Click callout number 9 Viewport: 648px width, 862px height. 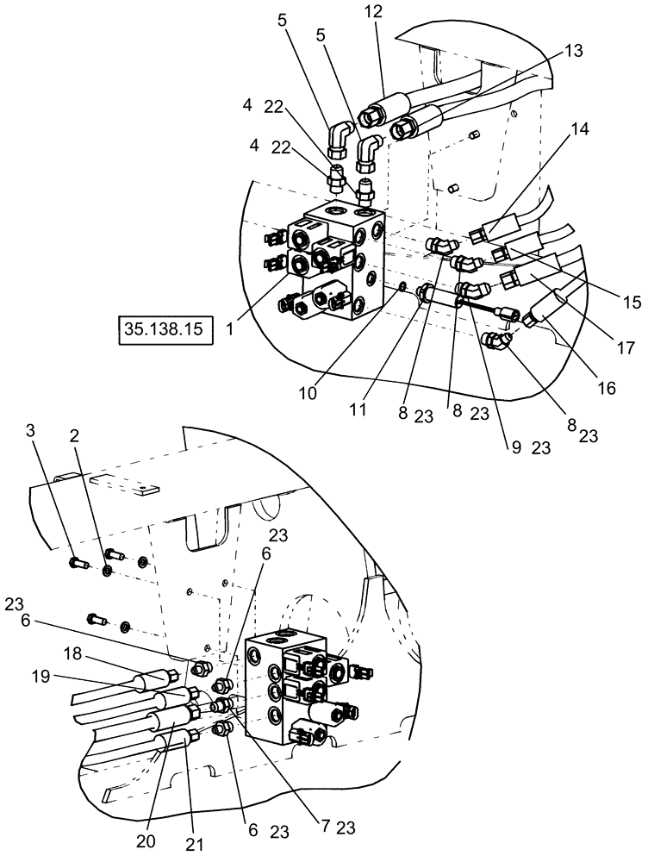518,447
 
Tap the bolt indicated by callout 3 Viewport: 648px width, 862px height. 76,565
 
